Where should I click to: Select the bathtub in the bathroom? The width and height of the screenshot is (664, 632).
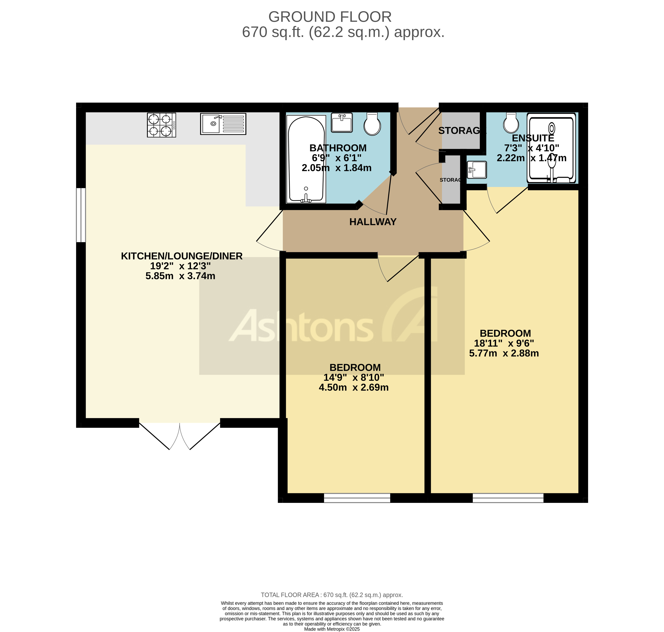(x=306, y=159)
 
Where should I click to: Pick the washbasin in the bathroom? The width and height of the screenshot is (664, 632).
(x=342, y=123)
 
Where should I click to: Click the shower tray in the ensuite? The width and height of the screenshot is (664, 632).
(x=551, y=148)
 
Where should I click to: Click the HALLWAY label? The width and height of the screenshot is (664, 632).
(x=373, y=222)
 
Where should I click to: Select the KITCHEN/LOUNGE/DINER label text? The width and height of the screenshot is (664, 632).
(x=182, y=256)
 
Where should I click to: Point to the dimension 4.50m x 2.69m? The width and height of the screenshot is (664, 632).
(x=353, y=387)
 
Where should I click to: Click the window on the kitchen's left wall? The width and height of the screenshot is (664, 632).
(x=81, y=215)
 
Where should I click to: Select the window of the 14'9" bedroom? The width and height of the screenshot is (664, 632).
(x=357, y=498)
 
